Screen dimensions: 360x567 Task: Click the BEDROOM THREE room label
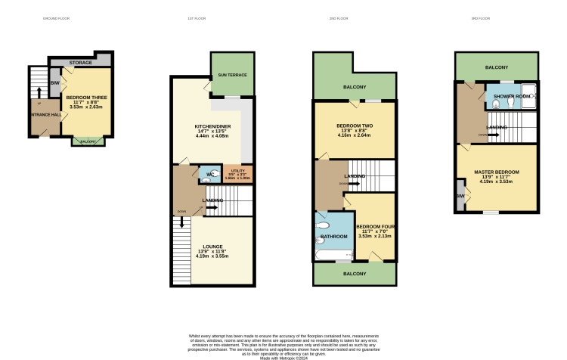(x=84, y=98)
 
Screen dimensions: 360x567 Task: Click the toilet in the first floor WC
(x=215, y=175)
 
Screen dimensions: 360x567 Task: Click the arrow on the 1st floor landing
(x=211, y=206)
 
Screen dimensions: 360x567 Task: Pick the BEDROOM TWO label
(x=355, y=126)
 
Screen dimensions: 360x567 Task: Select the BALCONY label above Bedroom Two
(x=355, y=88)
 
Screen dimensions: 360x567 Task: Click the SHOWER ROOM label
(x=509, y=97)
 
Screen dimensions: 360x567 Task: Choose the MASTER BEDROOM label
(x=497, y=172)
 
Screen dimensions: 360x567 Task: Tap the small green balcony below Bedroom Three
(x=83, y=141)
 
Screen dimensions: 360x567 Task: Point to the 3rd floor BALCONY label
(x=497, y=66)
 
